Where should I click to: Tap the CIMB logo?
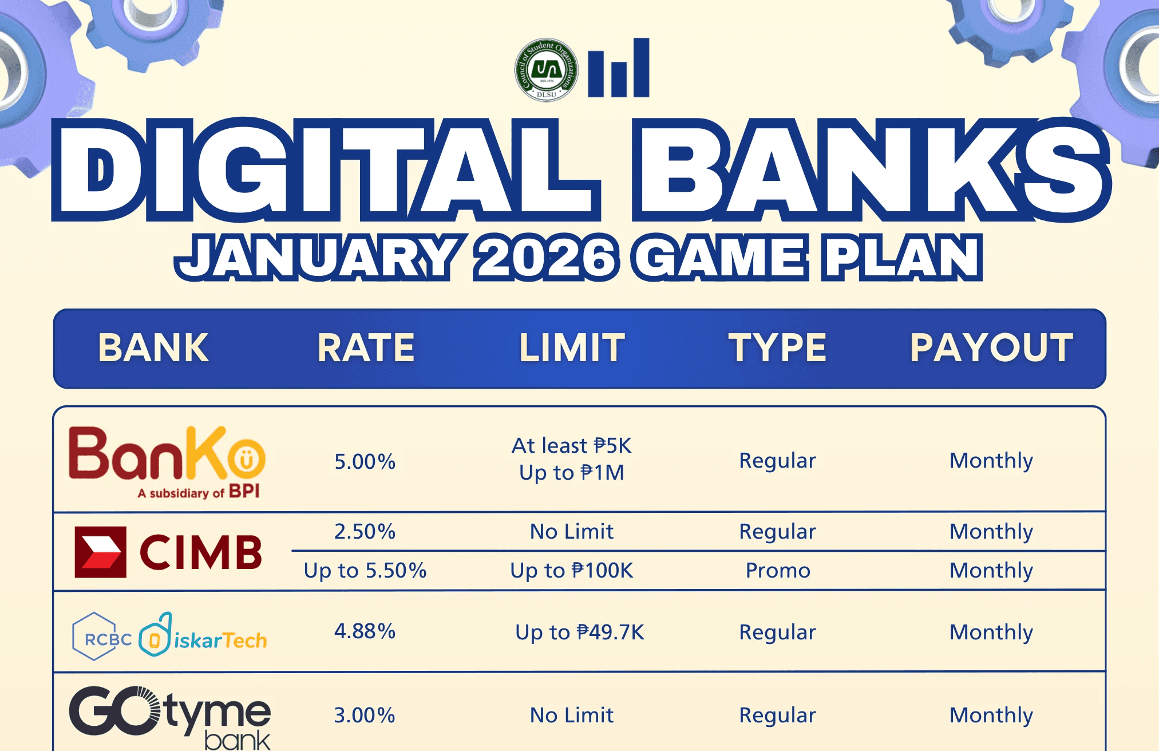coord(168,552)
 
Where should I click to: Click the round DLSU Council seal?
coord(546,70)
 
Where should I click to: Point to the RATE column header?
coord(366,348)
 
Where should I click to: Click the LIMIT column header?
coord(572,348)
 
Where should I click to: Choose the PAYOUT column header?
coord(991,348)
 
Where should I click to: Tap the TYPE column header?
coord(777,348)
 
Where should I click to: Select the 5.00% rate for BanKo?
coord(365,461)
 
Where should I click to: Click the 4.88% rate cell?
coord(365,631)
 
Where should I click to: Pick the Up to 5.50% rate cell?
coord(365,571)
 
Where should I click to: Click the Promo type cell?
coord(778,571)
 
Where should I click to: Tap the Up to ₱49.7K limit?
coord(580,633)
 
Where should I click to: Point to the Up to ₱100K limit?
coord(572,571)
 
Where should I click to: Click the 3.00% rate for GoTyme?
coord(365,716)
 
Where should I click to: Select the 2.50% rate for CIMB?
coord(365,531)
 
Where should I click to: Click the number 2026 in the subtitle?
coord(546,258)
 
